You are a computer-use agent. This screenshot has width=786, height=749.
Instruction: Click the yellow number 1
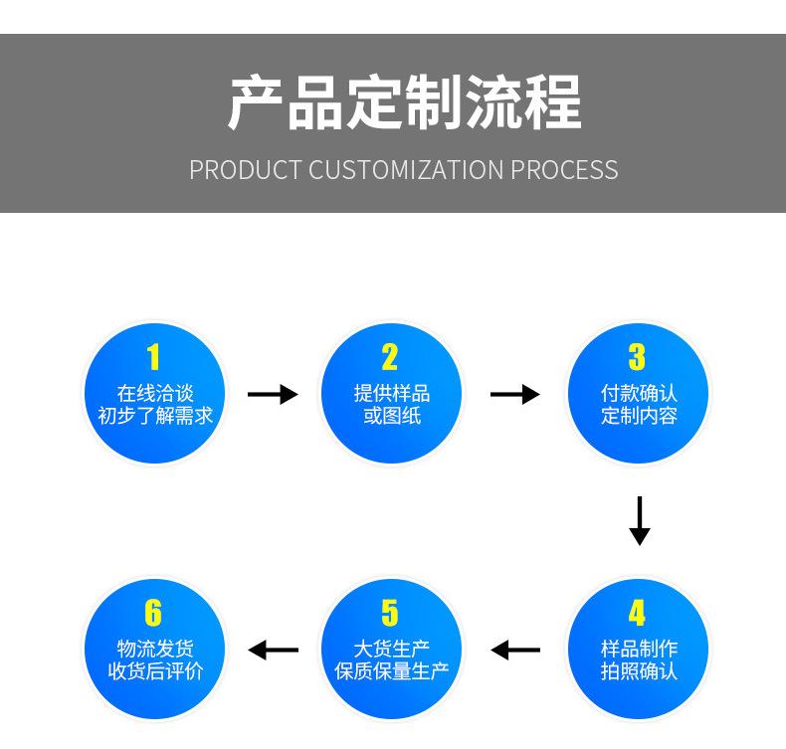[x=153, y=357]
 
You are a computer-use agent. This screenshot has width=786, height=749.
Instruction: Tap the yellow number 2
[x=390, y=357]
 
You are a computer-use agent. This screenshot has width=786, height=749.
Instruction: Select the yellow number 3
[x=637, y=357]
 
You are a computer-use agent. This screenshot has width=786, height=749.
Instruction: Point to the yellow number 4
[x=637, y=613]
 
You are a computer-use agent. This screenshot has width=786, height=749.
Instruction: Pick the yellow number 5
[x=390, y=613]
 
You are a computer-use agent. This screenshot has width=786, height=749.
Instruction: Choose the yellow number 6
[x=153, y=613]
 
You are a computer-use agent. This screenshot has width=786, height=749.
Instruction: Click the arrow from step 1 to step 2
[x=272, y=395]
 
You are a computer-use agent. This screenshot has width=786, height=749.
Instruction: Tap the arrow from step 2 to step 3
[x=514, y=395]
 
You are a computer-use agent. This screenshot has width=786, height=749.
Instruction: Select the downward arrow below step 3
[x=640, y=520]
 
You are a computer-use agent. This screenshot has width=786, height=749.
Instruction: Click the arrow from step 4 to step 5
[x=515, y=651]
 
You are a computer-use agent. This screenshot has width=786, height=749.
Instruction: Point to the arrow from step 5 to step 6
[x=273, y=651]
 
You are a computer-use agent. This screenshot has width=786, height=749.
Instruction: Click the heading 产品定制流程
[x=404, y=103]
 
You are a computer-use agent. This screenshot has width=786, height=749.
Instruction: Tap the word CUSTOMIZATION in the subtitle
[x=406, y=170]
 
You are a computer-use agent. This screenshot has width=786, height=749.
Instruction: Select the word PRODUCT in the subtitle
[x=245, y=170]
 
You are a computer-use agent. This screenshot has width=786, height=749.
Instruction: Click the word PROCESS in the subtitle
[x=564, y=170]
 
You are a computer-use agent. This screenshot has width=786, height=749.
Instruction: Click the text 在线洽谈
[x=154, y=393]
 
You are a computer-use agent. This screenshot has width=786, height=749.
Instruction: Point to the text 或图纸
[x=391, y=416]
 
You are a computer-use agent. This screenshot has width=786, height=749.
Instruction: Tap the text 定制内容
[x=638, y=416]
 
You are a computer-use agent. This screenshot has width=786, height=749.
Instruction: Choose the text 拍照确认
[x=638, y=671]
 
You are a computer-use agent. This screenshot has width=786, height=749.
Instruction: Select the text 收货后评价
[x=154, y=671]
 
